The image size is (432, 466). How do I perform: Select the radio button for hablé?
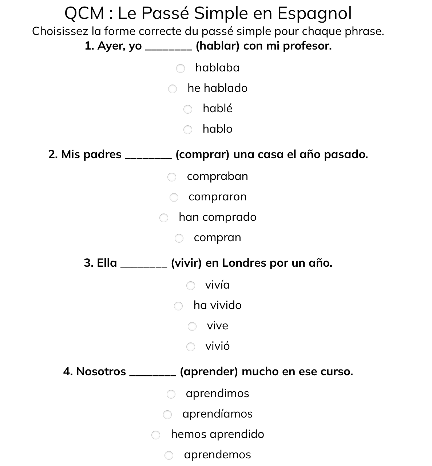188,109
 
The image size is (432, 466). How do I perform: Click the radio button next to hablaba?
181,68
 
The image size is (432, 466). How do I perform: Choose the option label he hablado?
217,88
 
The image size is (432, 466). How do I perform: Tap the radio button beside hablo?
188,130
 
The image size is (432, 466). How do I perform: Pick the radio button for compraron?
174,197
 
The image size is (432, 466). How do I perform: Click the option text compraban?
217,176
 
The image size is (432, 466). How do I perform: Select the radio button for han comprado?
164,218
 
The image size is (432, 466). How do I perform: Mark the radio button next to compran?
179,238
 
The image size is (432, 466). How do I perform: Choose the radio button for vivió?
191,347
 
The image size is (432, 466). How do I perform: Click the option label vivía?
217,285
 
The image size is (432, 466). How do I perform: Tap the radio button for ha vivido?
178,306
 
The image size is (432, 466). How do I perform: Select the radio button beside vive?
192,326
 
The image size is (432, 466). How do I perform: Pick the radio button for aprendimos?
171,394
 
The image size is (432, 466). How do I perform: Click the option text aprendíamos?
217,414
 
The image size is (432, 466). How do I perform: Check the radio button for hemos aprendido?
156,435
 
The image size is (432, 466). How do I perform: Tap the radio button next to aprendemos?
169,455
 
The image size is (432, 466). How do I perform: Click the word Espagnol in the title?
314,14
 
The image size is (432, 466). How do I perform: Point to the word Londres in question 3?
244,263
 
